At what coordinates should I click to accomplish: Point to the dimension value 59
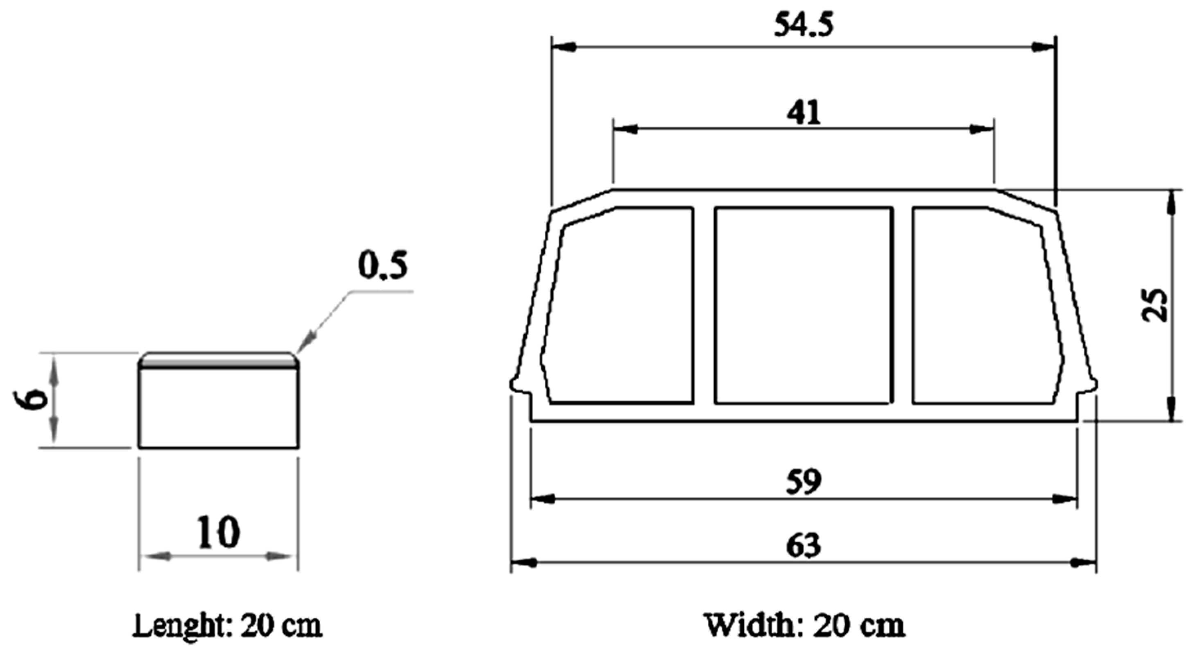tap(804, 481)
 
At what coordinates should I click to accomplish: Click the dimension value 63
tap(804, 545)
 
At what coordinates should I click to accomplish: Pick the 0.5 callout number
tap(383, 266)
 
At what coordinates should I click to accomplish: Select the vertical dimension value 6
tap(35, 399)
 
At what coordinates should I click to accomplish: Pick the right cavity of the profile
tap(987, 306)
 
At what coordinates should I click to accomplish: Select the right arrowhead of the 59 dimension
tap(1065, 499)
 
